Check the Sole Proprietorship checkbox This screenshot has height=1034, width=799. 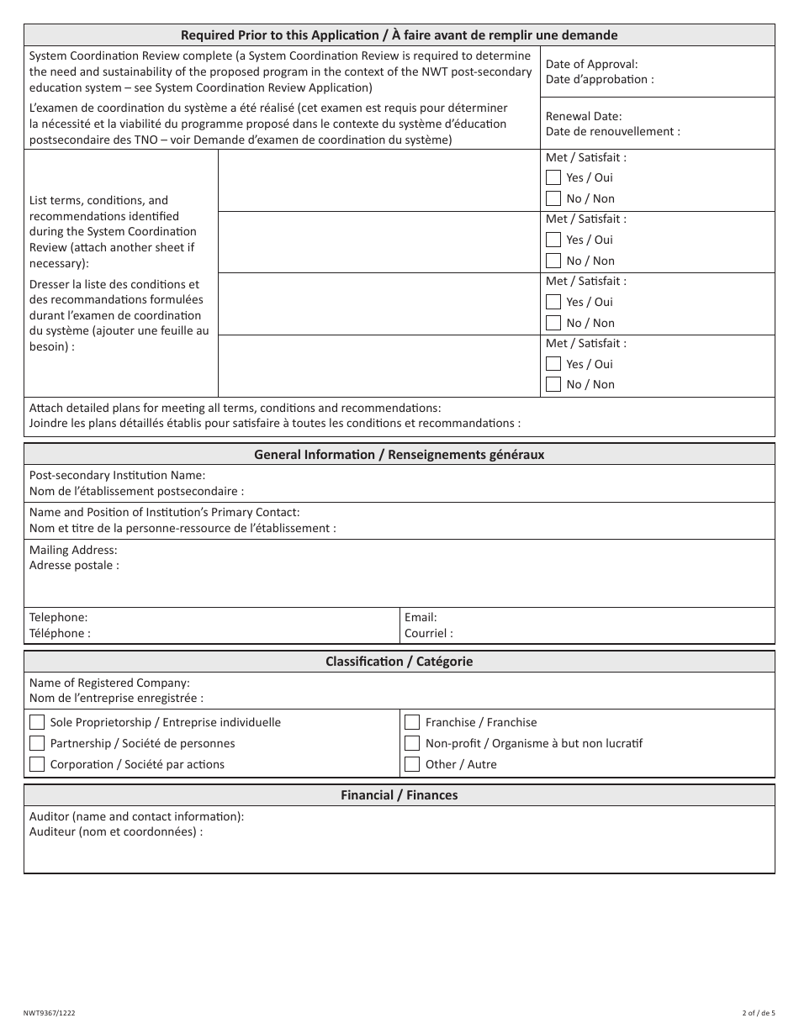(37, 722)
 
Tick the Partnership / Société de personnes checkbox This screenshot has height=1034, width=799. (37, 743)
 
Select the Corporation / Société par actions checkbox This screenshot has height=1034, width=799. (37, 764)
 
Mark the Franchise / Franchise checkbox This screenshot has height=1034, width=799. (412, 722)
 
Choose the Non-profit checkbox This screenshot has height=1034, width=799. (412, 743)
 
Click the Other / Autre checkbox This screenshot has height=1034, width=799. (412, 764)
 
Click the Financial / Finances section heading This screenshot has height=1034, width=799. (399, 795)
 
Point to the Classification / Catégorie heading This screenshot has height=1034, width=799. (399, 662)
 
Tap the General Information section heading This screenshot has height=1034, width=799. (399, 455)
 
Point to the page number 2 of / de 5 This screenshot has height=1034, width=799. (759, 1014)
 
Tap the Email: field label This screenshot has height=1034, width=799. (421, 617)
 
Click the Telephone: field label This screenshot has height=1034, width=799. (58, 617)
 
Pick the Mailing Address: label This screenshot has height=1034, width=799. (73, 550)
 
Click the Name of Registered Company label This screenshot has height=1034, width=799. (109, 683)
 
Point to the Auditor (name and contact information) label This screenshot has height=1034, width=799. (136, 816)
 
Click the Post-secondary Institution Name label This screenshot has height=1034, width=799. (117, 475)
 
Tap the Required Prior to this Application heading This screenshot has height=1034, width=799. (399, 35)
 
